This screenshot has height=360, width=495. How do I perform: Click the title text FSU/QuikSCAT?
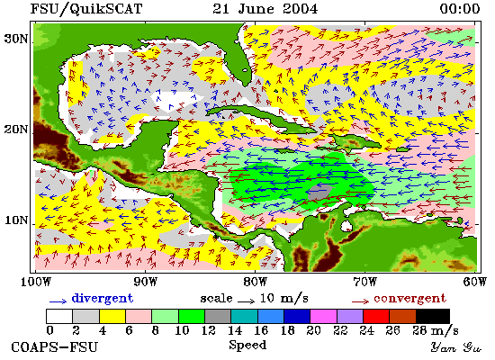click(x=86, y=8)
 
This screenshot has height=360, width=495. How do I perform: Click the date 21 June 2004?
click(x=265, y=8)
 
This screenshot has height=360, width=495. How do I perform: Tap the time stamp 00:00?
click(x=460, y=8)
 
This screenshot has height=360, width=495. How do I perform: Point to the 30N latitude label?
click(x=16, y=39)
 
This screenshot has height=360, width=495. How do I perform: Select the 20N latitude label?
click(x=16, y=130)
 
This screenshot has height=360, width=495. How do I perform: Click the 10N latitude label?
click(x=16, y=220)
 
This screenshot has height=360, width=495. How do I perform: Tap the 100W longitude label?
click(x=35, y=282)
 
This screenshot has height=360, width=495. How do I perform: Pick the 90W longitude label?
click(x=145, y=282)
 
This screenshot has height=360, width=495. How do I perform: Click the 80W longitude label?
click(x=255, y=282)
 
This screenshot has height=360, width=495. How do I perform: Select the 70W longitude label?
click(x=364, y=282)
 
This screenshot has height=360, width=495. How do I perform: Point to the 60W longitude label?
click(x=474, y=282)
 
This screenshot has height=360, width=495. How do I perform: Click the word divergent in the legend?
click(x=103, y=299)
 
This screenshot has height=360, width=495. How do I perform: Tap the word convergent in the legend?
click(x=410, y=299)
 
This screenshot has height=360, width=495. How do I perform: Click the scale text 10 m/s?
click(x=284, y=299)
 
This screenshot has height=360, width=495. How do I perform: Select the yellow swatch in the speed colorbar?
click(x=112, y=316)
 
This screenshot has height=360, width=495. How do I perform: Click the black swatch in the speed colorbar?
click(x=433, y=316)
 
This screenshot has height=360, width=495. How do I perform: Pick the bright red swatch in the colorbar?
click(x=376, y=316)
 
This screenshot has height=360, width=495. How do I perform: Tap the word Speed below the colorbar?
click(x=247, y=346)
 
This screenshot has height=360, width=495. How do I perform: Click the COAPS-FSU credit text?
click(x=55, y=347)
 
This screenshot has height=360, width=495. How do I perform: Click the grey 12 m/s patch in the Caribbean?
click(x=319, y=192)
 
